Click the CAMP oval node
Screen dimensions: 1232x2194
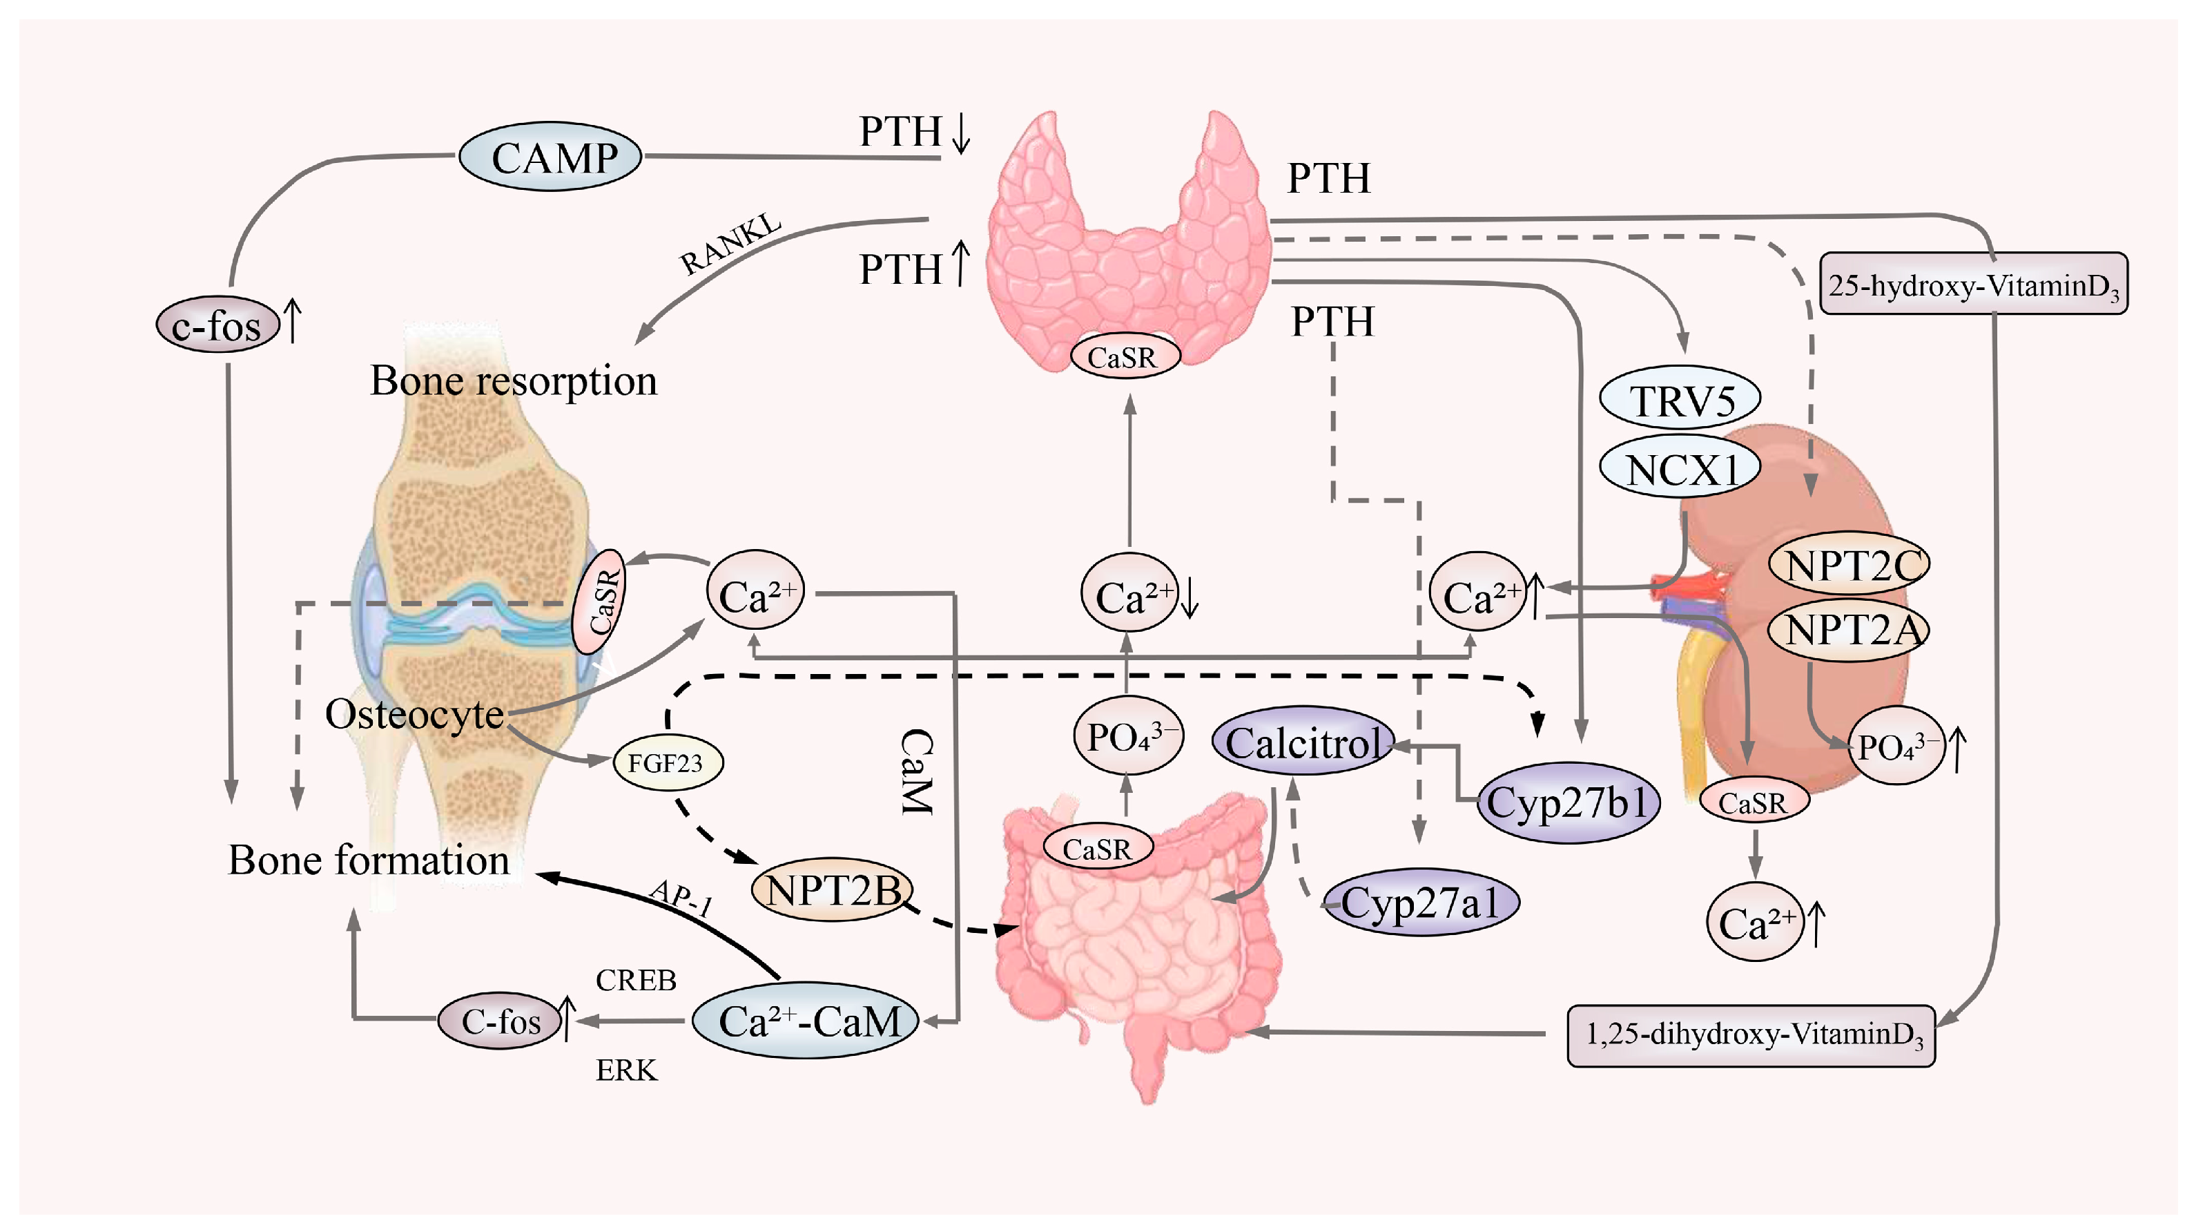point(550,157)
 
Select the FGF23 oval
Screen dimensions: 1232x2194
point(668,762)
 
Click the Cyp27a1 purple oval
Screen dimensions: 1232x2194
point(1421,903)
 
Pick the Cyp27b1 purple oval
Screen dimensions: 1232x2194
point(1567,802)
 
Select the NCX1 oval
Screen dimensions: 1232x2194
point(1680,469)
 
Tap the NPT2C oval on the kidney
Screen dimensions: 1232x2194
point(1849,564)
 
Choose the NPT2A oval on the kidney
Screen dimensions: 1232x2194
point(1849,631)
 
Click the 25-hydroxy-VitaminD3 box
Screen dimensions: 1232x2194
point(1972,285)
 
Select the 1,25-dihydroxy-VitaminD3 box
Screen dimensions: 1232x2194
point(1751,1035)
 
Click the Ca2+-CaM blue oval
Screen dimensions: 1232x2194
point(806,1021)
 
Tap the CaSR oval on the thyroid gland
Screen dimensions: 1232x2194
point(1124,357)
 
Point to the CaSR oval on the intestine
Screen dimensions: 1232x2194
point(1097,849)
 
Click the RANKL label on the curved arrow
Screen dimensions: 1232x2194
point(730,244)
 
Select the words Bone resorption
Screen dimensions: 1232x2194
point(514,380)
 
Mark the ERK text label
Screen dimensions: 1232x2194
point(626,1070)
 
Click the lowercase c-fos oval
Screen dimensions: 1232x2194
point(217,325)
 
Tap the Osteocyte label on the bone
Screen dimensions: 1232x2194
point(414,714)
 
